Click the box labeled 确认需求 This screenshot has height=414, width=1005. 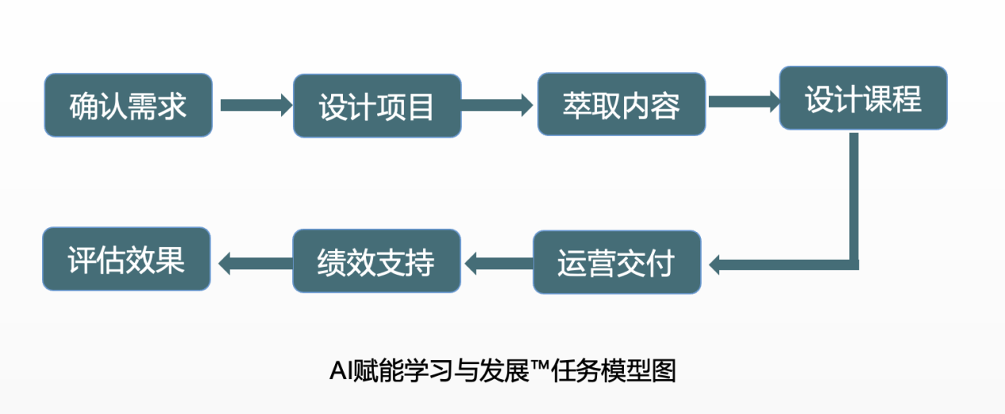(x=128, y=105)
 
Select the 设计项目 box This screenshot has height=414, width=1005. (x=377, y=106)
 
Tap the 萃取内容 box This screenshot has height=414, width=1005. (x=622, y=104)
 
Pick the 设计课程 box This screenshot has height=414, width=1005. (x=863, y=98)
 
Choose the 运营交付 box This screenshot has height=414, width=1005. (x=617, y=262)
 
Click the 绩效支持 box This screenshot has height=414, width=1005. (x=376, y=261)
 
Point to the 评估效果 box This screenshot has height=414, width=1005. (x=127, y=259)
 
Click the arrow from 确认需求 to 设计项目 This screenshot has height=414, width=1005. (x=256, y=105)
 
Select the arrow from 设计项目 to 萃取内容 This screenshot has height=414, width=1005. (x=497, y=105)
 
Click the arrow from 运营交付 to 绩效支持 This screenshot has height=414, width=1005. (x=499, y=264)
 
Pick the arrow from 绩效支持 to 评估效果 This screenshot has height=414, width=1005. (x=256, y=264)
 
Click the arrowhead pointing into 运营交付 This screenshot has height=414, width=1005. (x=714, y=264)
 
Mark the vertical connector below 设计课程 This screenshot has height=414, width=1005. (x=854, y=196)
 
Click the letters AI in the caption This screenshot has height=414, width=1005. (x=341, y=371)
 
